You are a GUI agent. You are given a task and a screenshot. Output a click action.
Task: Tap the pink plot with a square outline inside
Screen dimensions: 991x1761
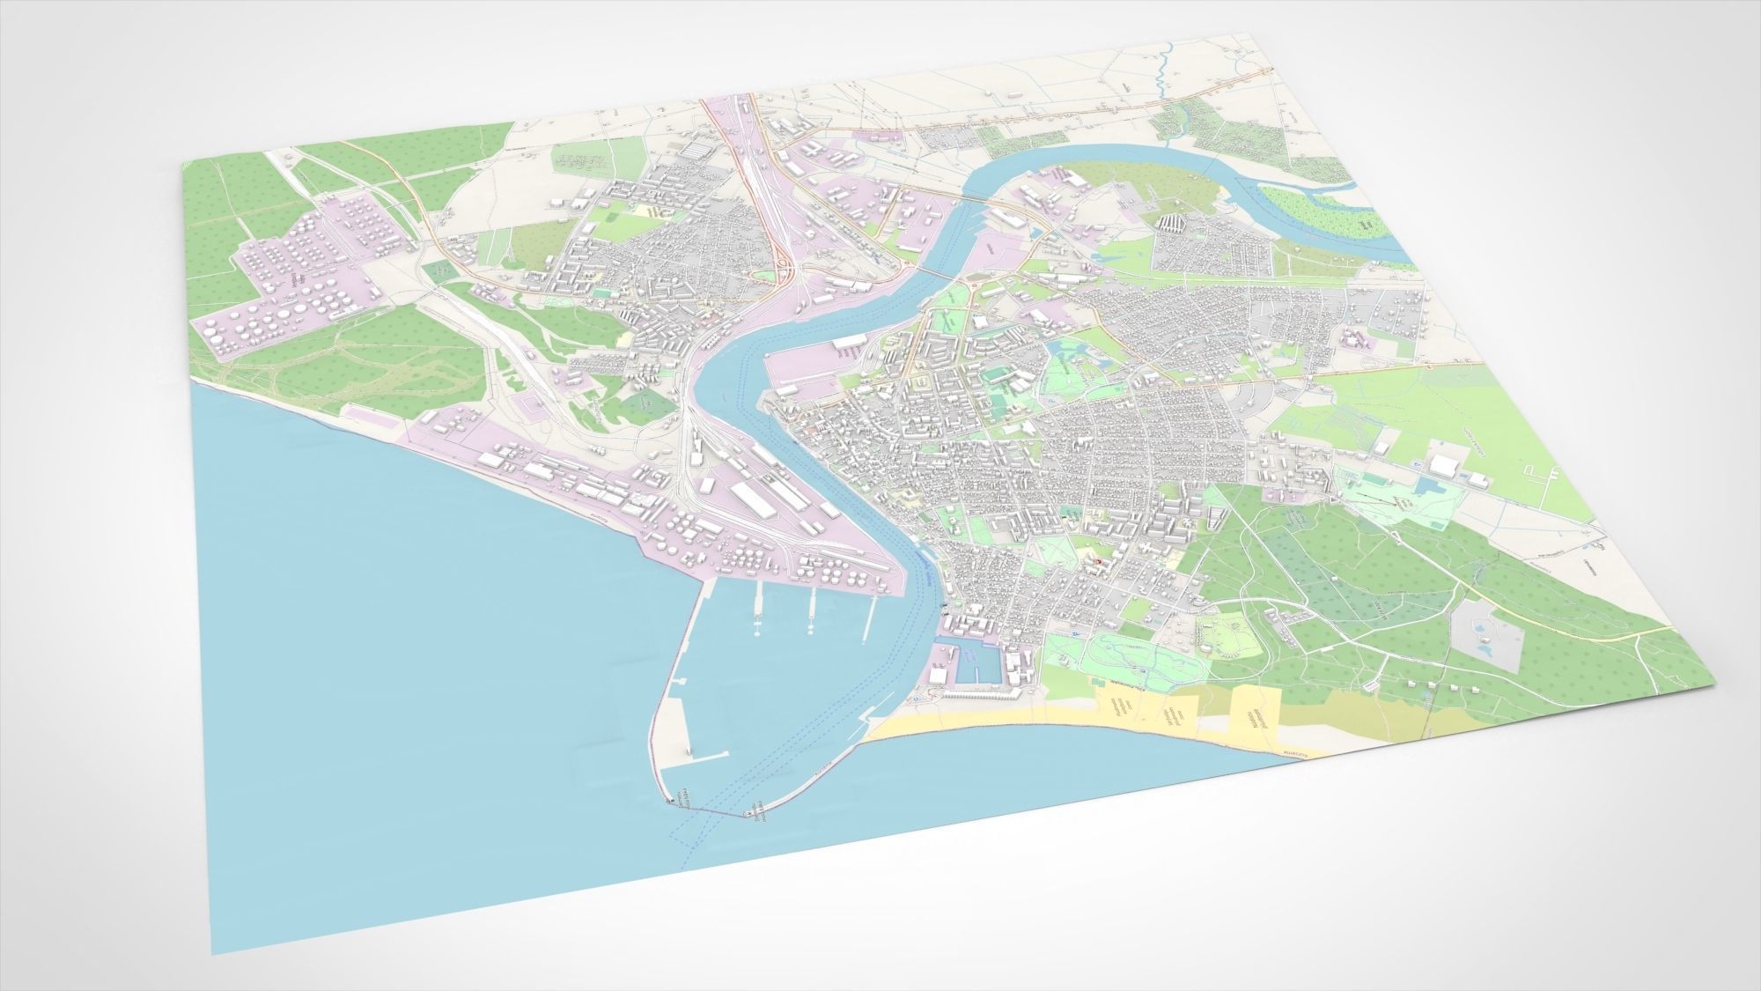pyautogui.click(x=534, y=404)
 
